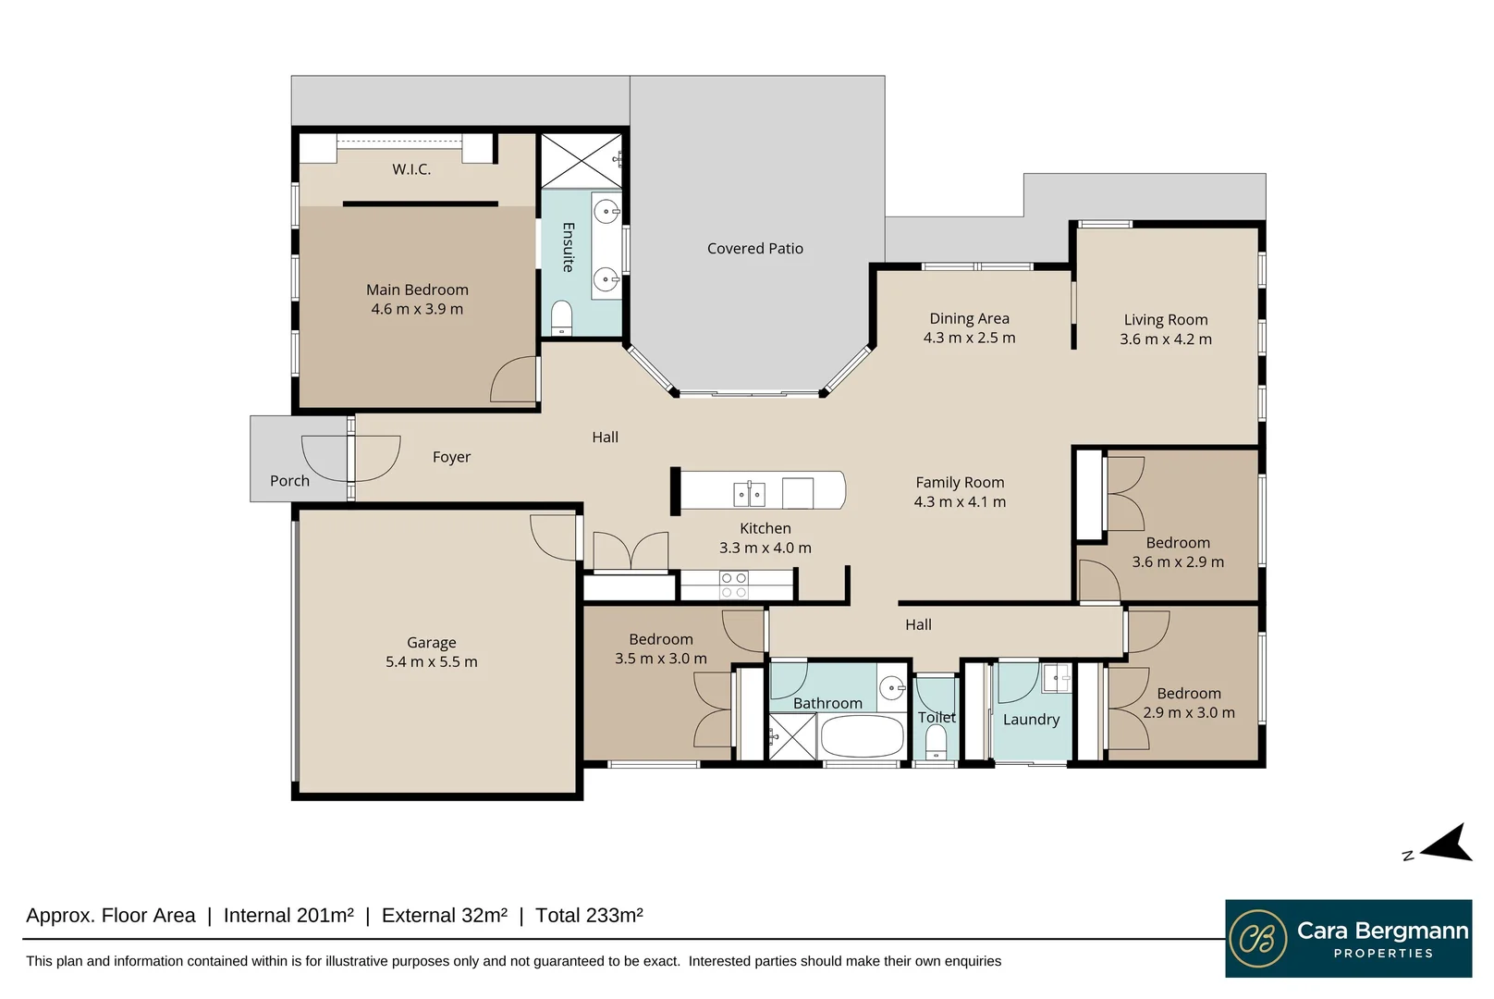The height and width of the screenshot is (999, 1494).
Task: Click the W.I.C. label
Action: pos(411,169)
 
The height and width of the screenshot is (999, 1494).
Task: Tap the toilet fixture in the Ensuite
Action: pos(561,319)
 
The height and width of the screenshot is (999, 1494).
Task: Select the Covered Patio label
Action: pos(754,249)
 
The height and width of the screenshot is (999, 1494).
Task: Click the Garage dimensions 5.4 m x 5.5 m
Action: pos(431,662)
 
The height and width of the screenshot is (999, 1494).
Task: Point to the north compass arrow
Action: pos(1447,844)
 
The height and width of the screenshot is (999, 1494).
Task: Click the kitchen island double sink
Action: pos(749,494)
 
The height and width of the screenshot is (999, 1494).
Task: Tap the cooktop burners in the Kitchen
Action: pos(734,585)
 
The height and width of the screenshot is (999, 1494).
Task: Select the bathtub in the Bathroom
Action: pos(862,738)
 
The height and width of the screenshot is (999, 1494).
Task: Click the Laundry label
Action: pos(1031,720)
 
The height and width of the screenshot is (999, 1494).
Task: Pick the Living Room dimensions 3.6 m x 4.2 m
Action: pos(1165,339)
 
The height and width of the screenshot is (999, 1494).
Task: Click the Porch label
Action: pos(289,481)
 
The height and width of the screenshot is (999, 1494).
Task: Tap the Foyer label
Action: pos(451,457)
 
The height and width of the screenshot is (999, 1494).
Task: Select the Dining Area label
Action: pos(969,318)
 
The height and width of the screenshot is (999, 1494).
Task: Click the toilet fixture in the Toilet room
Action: pos(937,743)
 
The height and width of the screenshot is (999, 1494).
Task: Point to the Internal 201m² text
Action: pos(288,916)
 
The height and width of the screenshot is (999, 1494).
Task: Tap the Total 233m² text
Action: pos(589,916)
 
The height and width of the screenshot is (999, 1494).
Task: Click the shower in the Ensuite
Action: pos(581,160)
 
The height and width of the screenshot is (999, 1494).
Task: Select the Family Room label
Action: pos(960,482)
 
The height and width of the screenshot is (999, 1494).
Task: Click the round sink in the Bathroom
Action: pos(891,686)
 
